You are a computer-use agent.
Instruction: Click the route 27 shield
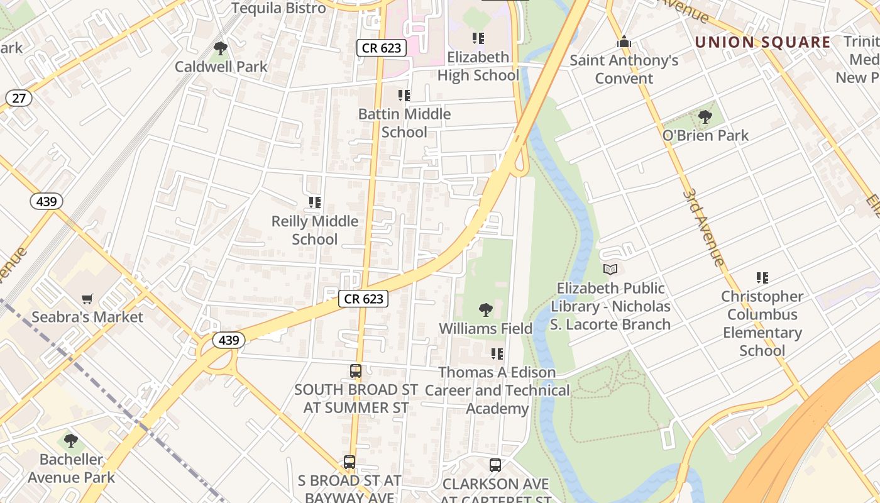[x=19, y=98]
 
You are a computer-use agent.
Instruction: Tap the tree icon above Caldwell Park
[x=220, y=48]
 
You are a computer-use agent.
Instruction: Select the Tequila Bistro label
[x=279, y=8]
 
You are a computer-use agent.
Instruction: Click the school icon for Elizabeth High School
[x=478, y=38]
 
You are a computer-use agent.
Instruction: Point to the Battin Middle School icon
[x=404, y=96]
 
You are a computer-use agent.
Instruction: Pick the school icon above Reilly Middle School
[x=315, y=202]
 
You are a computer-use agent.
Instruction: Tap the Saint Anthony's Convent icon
[x=624, y=42]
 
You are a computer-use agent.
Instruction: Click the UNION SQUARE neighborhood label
[x=762, y=43]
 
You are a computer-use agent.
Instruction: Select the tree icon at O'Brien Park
[x=705, y=117]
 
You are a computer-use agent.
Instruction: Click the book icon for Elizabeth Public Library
[x=610, y=270]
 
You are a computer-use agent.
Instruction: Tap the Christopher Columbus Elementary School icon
[x=762, y=278]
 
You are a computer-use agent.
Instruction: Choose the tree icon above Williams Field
[x=485, y=309]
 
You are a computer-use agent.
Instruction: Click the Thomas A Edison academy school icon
[x=497, y=354]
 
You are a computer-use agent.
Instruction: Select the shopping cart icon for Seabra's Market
[x=87, y=299]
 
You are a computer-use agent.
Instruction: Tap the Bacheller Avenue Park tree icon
[x=71, y=441]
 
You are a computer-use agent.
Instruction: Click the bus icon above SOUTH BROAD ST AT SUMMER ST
[x=356, y=371]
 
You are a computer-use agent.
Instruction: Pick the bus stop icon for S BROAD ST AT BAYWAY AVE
[x=349, y=462]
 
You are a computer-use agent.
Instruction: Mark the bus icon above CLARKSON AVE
[x=495, y=465]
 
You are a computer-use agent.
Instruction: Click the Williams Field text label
[x=485, y=328]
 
